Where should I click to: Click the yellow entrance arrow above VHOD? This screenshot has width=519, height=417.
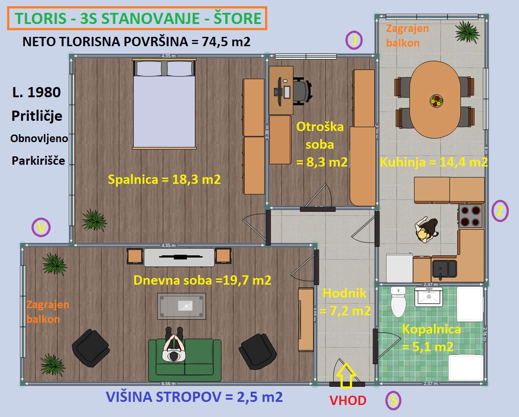point(346,375)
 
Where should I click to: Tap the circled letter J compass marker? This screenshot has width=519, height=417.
point(354,40)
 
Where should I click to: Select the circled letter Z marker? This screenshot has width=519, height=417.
point(500,211)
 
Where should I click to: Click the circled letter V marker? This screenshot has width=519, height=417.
point(41,228)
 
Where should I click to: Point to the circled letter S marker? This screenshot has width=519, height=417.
point(393,401)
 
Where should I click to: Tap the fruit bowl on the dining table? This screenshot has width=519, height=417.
point(436,101)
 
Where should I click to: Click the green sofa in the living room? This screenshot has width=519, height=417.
point(185,360)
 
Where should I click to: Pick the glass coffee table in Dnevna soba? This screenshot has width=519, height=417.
point(182,306)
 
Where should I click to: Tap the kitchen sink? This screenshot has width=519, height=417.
point(444,268)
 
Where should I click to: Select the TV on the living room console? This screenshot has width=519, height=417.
point(180,257)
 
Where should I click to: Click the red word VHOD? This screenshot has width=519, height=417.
point(348,401)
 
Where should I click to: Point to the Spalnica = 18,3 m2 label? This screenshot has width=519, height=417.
point(164,179)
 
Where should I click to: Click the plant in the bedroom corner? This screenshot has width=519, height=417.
point(94,219)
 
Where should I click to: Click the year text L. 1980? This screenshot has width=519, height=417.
point(37,92)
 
